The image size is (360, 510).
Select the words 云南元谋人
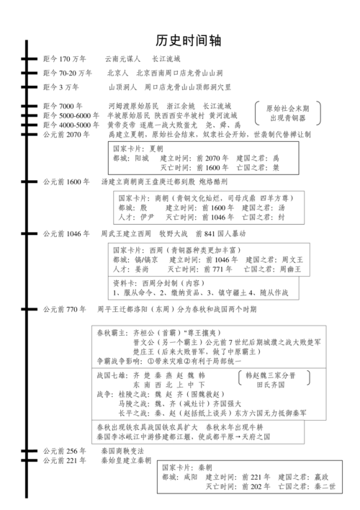click(x=123, y=59)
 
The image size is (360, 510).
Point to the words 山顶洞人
click(x=122, y=87)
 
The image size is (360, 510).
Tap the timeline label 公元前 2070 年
click(x=66, y=135)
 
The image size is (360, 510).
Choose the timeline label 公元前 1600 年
click(x=66, y=182)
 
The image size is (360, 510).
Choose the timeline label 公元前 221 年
click(x=64, y=460)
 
